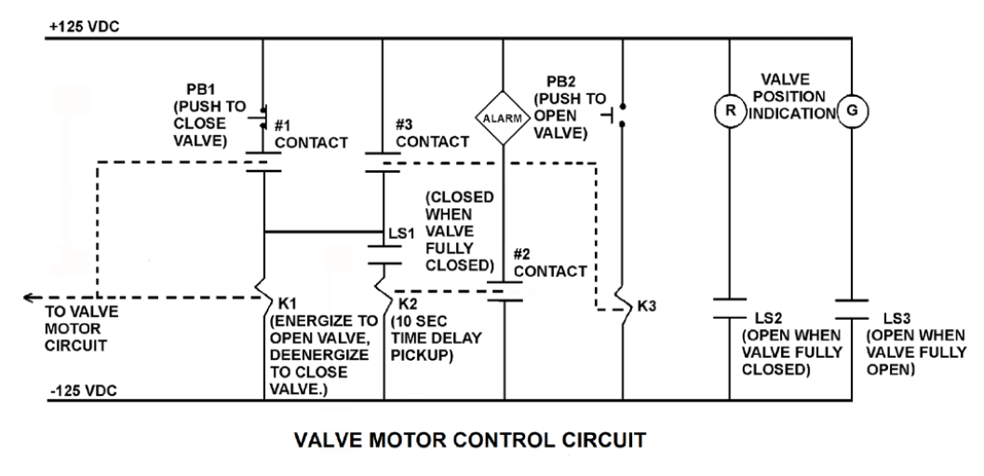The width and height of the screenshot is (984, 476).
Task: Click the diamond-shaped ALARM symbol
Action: point(504,118)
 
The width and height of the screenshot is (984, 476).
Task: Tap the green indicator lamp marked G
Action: point(854,112)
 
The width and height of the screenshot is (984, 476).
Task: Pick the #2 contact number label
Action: point(526,254)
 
